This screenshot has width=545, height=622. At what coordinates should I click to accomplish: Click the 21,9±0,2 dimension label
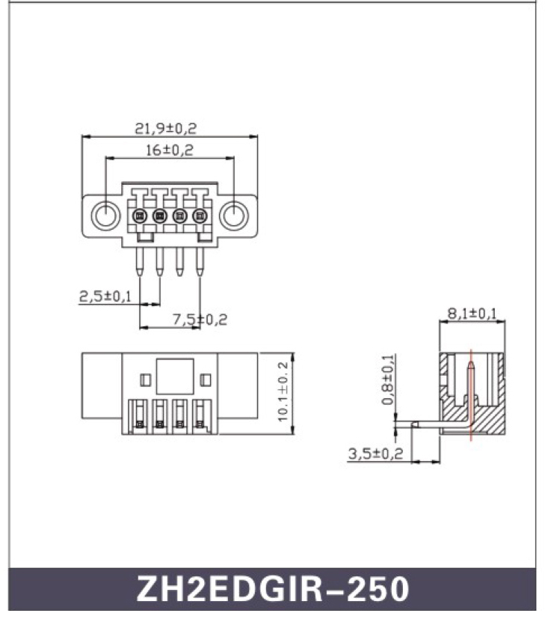click(x=165, y=128)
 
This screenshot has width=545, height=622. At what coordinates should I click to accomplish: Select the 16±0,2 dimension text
click(x=170, y=150)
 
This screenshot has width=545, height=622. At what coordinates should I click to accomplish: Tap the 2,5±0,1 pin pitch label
click(x=105, y=296)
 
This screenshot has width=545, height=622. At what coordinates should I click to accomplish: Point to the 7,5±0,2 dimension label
click(x=200, y=320)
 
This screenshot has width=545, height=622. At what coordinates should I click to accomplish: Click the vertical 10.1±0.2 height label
click(x=283, y=391)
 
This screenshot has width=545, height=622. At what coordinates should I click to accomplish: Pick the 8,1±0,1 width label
click(x=472, y=314)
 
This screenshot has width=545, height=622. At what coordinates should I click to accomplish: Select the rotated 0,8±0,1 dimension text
click(x=388, y=379)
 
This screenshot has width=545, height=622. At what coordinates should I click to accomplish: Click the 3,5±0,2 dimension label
click(x=375, y=453)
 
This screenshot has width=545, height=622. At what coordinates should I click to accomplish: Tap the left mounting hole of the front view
click(x=105, y=216)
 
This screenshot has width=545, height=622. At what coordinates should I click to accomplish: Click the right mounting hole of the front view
click(x=234, y=216)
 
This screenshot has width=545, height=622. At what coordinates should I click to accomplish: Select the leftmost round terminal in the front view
click(x=139, y=216)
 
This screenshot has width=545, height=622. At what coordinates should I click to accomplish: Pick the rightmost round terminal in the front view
click(x=200, y=216)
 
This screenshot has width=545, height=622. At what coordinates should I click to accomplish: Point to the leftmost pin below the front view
click(x=139, y=262)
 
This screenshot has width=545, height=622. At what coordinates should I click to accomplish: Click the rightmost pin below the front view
click(x=200, y=262)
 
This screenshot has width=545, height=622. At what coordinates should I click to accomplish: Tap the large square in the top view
click(x=175, y=376)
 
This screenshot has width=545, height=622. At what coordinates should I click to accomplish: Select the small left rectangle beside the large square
click(x=146, y=379)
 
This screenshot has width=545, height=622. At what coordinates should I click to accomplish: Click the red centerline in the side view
click(x=471, y=395)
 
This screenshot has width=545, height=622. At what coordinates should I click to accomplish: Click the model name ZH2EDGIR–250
click(x=273, y=589)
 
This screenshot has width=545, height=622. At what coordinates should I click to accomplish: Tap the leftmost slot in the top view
click(x=138, y=415)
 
